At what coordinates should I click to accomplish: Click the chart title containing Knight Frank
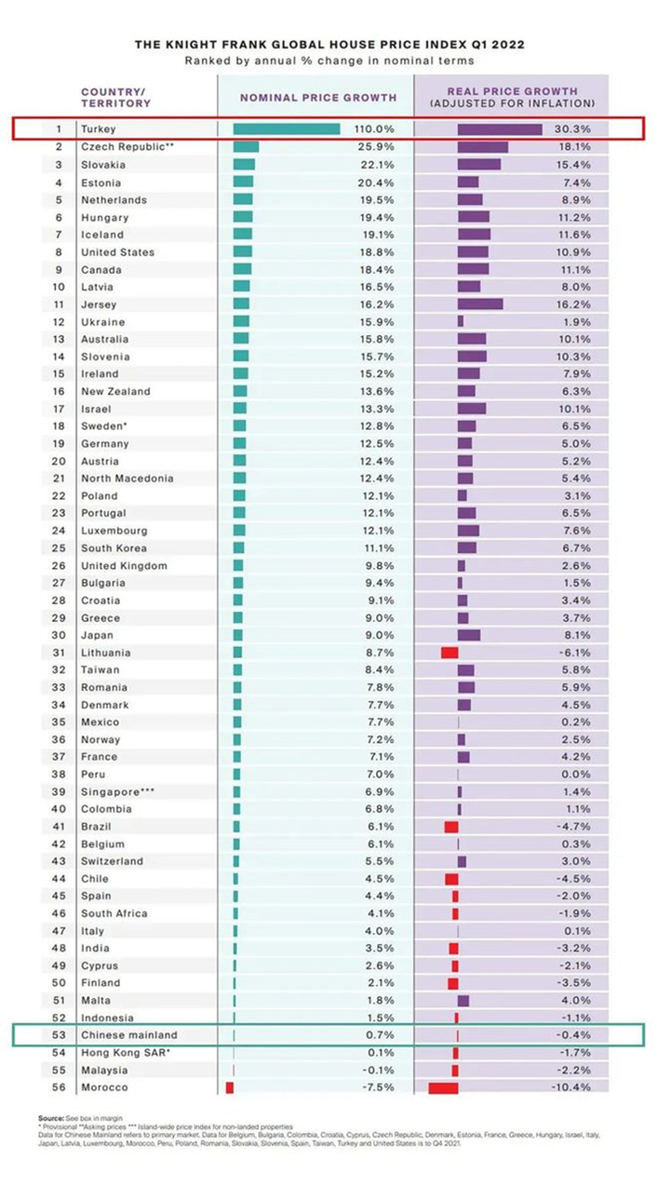[x=328, y=44]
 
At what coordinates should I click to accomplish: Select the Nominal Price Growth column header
[x=318, y=97]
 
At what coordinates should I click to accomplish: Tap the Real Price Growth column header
[x=512, y=97]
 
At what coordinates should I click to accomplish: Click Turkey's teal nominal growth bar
[x=286, y=129]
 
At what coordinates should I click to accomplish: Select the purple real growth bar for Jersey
[x=480, y=304]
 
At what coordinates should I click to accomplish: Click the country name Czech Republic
[x=127, y=147]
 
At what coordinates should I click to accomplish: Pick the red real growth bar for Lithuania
[x=449, y=653]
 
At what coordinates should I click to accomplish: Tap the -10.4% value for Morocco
[x=574, y=1087]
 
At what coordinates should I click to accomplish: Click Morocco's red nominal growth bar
[x=230, y=1087]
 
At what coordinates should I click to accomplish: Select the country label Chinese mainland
[x=128, y=1035]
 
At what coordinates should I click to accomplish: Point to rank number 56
[x=58, y=1087]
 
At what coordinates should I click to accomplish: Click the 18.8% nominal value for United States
[x=377, y=252]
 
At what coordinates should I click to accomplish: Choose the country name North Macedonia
[x=127, y=479]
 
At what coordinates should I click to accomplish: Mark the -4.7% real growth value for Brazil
[x=574, y=827]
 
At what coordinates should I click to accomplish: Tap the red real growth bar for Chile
[x=451, y=879]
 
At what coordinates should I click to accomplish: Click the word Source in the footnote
[x=50, y=1117]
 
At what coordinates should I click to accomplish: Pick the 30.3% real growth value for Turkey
[x=574, y=129]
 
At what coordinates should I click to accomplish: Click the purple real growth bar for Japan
[x=469, y=635]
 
